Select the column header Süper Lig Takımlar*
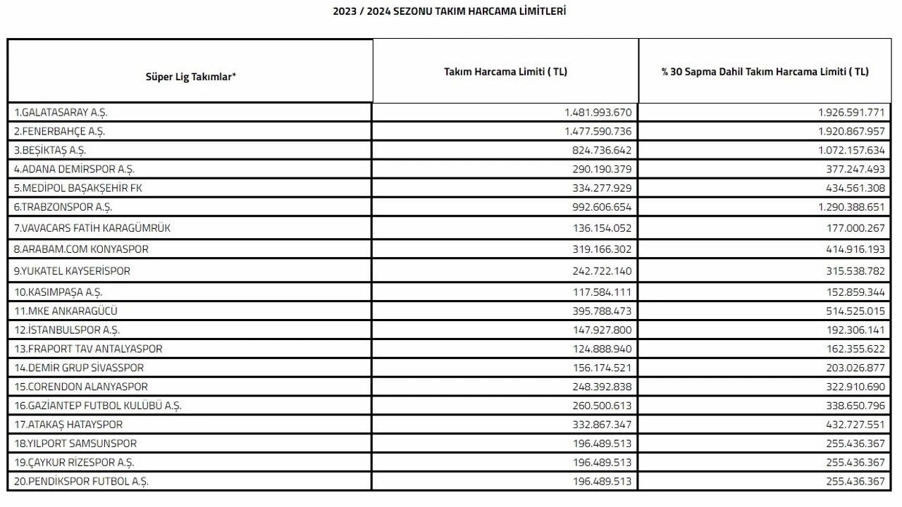point(190,77)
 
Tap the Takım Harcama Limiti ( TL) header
point(505,72)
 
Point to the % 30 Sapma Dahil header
point(765,72)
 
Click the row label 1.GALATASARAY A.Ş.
point(61,113)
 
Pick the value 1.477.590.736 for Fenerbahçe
point(598,131)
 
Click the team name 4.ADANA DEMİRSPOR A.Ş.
point(74,169)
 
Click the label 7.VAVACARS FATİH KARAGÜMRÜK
point(92,228)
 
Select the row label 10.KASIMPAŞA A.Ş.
point(63,292)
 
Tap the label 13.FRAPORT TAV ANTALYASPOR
point(88,349)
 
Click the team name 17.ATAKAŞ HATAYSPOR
point(68,425)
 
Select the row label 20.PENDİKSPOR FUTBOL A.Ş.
point(81,482)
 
